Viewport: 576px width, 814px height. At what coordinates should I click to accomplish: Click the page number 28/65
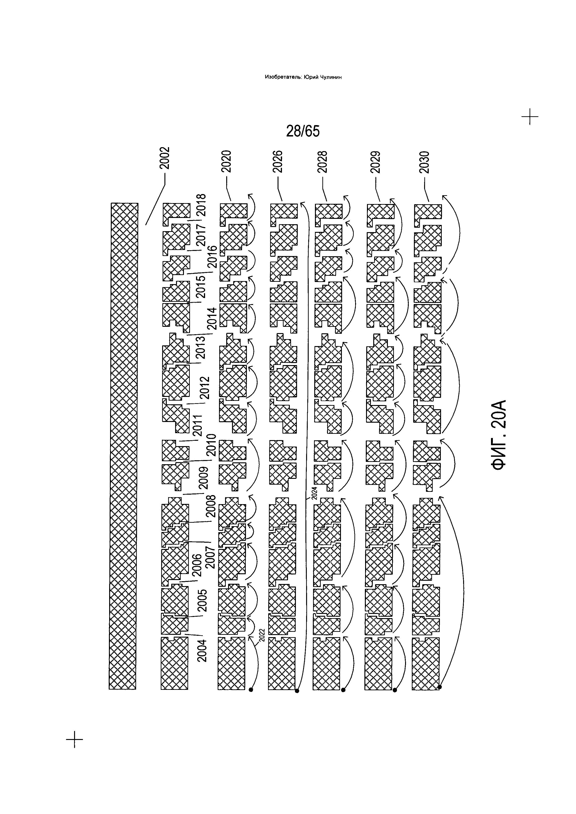[x=303, y=131]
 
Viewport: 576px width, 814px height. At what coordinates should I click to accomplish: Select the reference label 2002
[x=164, y=158]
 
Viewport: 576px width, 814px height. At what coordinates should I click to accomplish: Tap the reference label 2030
[x=424, y=162]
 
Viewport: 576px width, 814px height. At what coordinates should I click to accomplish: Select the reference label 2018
[x=201, y=205]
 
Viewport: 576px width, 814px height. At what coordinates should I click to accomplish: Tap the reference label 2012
[x=205, y=388]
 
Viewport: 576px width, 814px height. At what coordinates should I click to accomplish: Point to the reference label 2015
[x=201, y=287]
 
